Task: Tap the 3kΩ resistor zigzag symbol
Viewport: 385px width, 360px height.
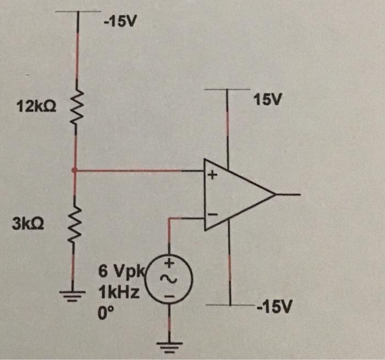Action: (75, 224)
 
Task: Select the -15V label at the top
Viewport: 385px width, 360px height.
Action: (120, 23)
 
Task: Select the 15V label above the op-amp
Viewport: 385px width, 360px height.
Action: (267, 100)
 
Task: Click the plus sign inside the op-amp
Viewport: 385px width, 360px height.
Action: (213, 176)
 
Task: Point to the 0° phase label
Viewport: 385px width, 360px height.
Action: (106, 314)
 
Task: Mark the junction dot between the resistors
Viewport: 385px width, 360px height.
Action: (75, 170)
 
